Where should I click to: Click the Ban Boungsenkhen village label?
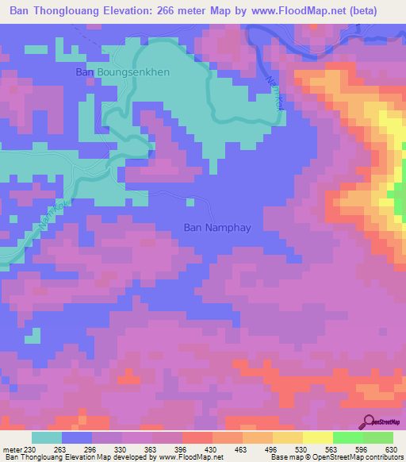tap(122, 72)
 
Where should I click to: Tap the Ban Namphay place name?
tap(216, 227)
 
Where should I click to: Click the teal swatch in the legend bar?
tap(47, 437)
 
